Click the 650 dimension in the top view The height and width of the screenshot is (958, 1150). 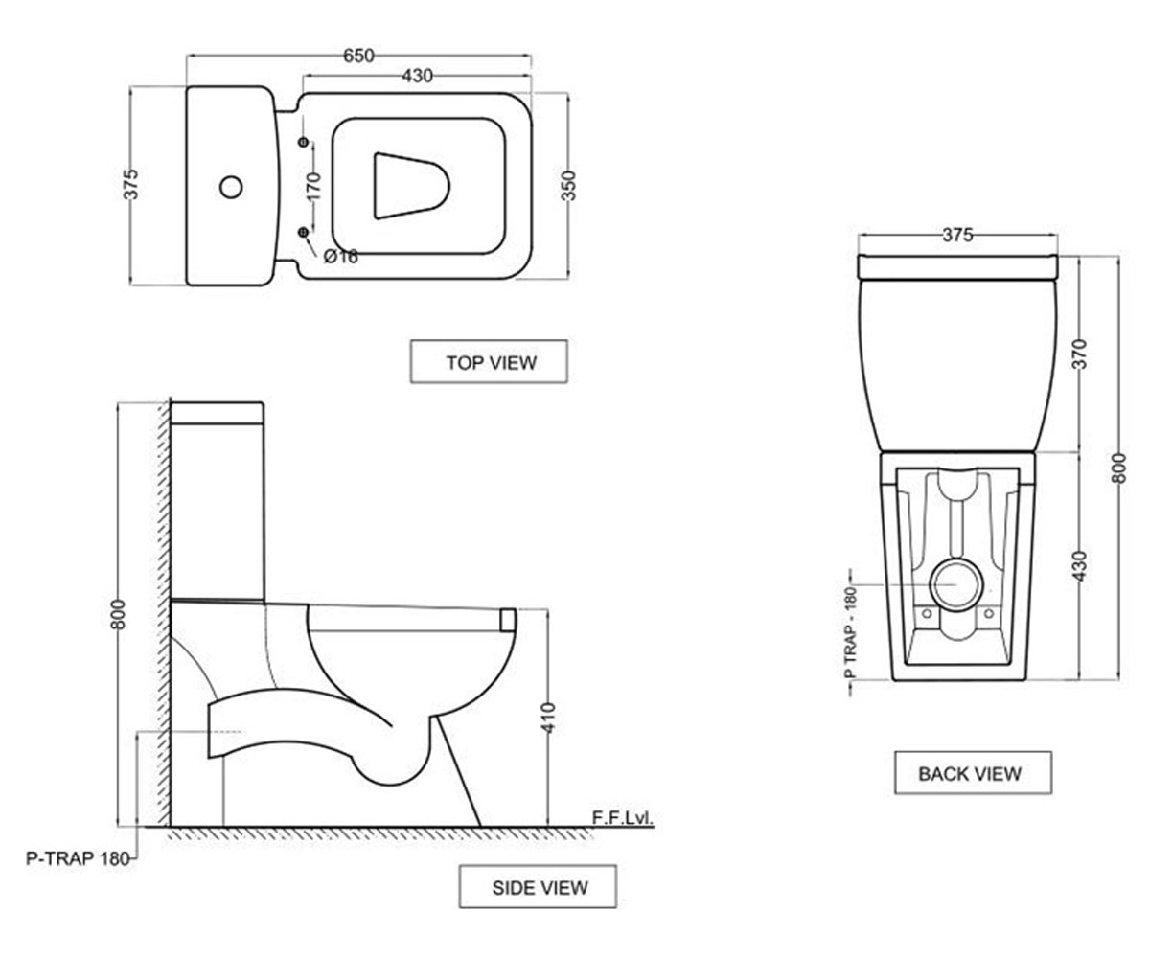coord(358,56)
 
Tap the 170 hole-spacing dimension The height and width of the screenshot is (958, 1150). coord(312,187)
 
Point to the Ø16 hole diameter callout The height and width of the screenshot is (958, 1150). coord(341,256)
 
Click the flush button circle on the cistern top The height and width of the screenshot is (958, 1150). coord(231,187)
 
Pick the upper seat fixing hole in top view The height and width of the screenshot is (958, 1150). coord(303,142)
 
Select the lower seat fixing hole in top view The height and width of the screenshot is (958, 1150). coord(303,233)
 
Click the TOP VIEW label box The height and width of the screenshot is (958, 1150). coord(489,362)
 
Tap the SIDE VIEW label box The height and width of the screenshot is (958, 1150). coord(538,887)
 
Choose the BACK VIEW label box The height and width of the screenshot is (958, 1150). coord(974,773)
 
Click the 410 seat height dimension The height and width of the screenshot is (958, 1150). coord(548,718)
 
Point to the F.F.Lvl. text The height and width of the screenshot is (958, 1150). coord(622,818)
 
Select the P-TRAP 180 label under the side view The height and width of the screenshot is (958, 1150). coord(78,859)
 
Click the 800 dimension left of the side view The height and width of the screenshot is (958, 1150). coord(119,614)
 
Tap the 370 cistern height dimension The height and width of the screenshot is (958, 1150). coord(1081,354)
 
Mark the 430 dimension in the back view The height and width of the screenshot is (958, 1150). coord(1081,566)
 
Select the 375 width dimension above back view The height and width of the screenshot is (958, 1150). coord(957,235)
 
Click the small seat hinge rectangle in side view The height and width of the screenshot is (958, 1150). coord(507,620)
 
